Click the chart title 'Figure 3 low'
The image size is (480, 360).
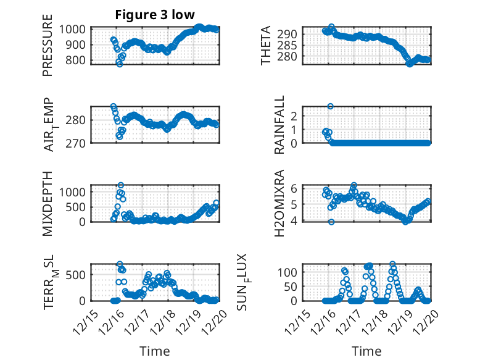[x=155, y=15]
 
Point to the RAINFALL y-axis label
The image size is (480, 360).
[x=279, y=125]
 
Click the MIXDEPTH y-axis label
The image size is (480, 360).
[x=48, y=203]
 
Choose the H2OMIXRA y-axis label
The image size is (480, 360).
[x=279, y=203]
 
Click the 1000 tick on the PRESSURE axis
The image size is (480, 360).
[x=75, y=29]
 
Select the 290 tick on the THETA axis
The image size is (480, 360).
[x=292, y=33]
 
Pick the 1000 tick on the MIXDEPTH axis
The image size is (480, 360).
[x=75, y=192]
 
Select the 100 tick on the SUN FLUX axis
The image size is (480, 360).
[x=289, y=272]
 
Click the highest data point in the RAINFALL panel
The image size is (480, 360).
[x=331, y=106]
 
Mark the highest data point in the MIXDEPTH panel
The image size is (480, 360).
[x=121, y=185]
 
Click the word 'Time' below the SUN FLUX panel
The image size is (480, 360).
[x=366, y=351]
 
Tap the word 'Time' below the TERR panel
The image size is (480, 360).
[x=155, y=351]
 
